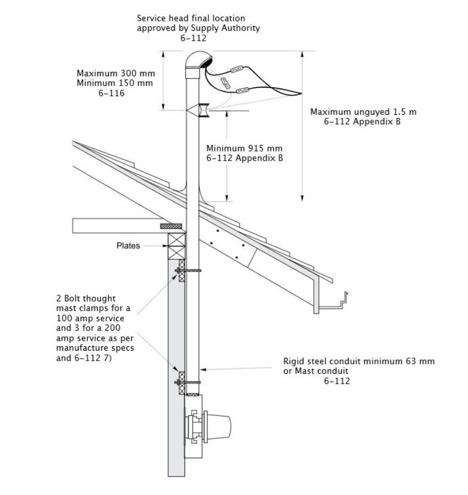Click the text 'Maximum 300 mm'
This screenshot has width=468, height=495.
tap(115, 73)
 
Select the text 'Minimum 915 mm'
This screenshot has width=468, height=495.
tap(237, 148)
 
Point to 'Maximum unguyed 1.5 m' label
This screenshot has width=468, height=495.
tap(363, 112)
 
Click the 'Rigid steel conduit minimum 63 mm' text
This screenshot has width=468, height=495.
tap(359, 361)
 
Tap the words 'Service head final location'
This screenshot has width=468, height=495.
tap(191, 19)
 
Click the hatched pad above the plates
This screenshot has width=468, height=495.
tap(171, 226)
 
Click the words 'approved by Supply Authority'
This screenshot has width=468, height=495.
tap(198, 29)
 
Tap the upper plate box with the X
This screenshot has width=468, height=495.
tap(176, 239)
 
